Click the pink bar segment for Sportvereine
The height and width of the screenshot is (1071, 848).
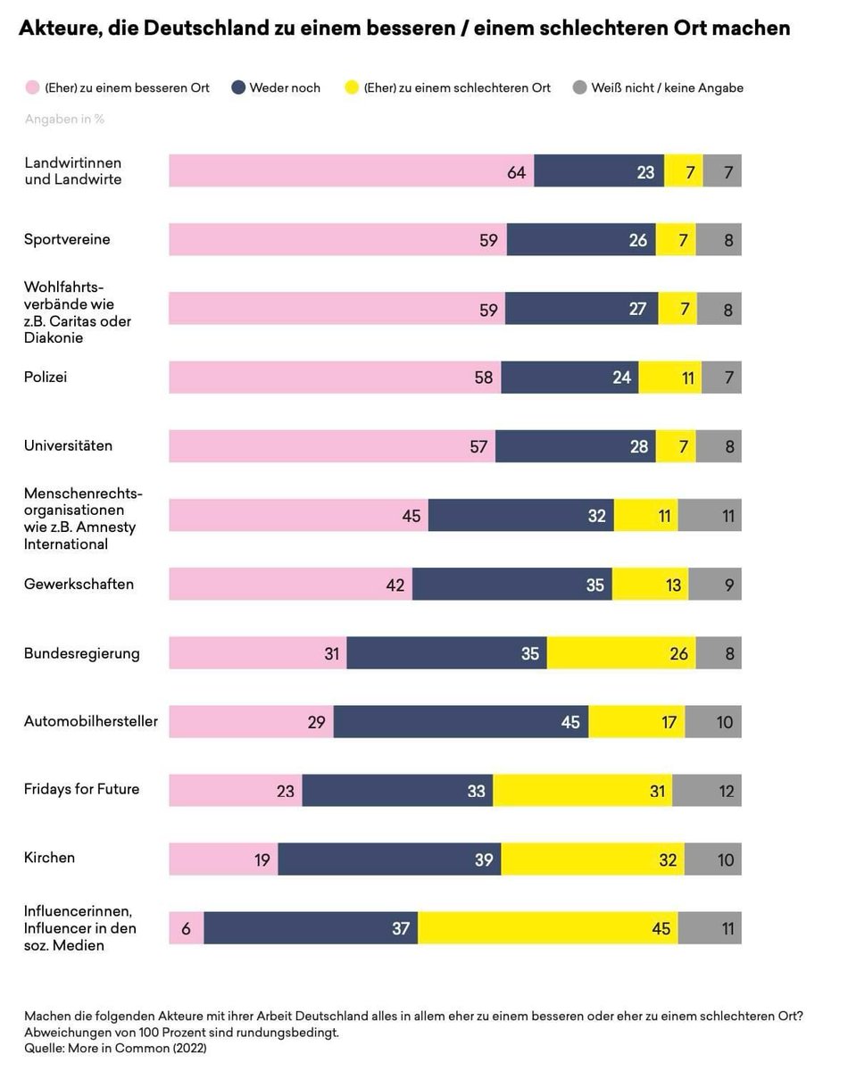click(337, 239)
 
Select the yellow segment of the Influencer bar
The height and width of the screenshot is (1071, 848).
click(547, 928)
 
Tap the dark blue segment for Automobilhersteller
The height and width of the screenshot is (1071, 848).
click(461, 721)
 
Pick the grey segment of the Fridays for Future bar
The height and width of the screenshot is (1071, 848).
click(706, 790)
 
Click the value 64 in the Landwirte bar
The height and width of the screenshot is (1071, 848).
click(517, 172)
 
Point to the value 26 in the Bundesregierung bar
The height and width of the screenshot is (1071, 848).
click(679, 653)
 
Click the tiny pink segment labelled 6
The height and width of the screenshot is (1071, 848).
click(186, 928)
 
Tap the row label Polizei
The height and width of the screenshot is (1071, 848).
click(46, 377)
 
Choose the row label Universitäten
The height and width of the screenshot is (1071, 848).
click(68, 445)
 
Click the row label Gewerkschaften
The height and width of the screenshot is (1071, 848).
click(79, 584)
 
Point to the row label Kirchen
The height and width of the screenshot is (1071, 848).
click(49, 858)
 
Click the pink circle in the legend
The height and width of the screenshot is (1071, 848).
click(33, 87)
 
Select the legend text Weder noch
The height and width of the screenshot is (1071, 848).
click(285, 87)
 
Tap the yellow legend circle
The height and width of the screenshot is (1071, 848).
click(353, 87)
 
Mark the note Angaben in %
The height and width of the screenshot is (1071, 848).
click(64, 119)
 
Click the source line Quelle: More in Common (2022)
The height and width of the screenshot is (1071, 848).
click(115, 1049)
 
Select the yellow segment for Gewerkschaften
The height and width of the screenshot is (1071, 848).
click(650, 584)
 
